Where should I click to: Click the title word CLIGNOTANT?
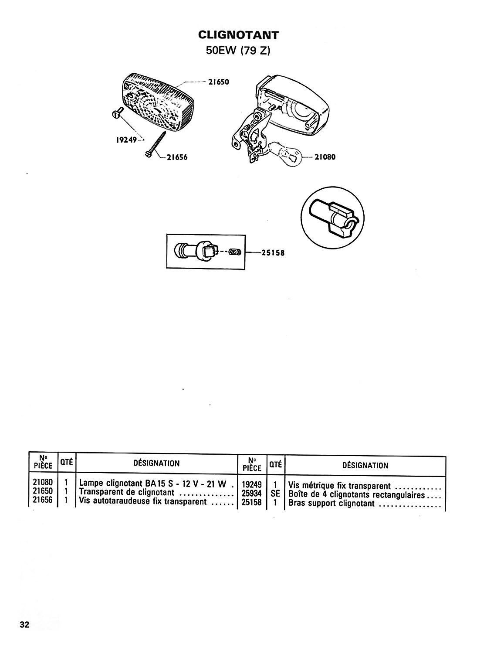point(238,35)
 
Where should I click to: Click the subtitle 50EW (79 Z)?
point(238,51)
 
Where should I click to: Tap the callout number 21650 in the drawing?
point(219,82)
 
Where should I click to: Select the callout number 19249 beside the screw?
point(126,140)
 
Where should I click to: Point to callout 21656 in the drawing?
point(177,158)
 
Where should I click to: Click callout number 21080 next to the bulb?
point(325,157)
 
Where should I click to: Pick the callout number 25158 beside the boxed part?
point(273,253)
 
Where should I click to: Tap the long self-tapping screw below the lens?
point(155,144)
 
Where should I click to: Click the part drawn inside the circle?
point(332,218)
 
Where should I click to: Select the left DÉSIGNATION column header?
point(156,463)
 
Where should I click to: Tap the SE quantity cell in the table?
point(275,494)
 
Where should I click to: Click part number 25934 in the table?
point(252,494)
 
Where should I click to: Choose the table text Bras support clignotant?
point(331,503)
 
